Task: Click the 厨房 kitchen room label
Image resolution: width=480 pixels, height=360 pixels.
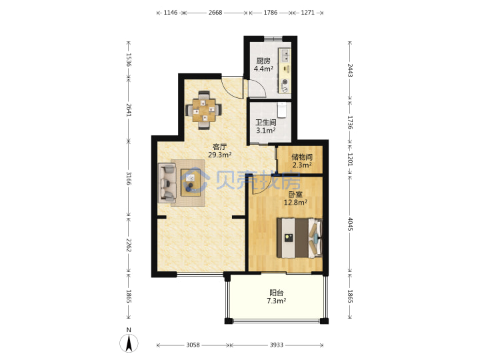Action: [x=263, y=61]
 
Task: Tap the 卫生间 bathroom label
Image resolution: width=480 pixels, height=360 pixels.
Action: [x=266, y=123]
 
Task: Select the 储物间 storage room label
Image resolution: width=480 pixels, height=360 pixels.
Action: [x=302, y=157]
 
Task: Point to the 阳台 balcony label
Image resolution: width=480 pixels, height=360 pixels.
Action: [x=276, y=293]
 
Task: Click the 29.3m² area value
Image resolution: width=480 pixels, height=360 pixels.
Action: [x=219, y=155]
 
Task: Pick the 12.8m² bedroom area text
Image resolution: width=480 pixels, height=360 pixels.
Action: [x=295, y=203]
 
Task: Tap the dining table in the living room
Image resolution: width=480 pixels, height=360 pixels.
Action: [x=204, y=110]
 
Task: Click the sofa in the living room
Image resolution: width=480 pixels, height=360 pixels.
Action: [x=167, y=183]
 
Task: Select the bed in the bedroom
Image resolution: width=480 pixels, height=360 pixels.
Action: [x=299, y=238]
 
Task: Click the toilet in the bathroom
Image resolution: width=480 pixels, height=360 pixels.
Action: [x=281, y=110]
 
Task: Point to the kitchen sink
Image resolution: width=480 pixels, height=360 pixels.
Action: [x=285, y=55]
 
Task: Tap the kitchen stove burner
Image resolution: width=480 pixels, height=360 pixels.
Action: [x=285, y=82]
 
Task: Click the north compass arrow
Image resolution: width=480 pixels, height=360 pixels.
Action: [x=129, y=343]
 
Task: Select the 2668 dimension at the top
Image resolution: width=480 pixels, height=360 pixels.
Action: [x=215, y=13]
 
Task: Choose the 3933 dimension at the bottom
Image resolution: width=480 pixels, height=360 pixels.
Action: [x=276, y=345]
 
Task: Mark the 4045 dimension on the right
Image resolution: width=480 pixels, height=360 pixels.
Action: [x=350, y=225]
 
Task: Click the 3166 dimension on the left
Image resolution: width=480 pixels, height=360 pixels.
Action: [x=129, y=179]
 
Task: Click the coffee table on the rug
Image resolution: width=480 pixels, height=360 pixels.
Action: [x=191, y=183]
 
